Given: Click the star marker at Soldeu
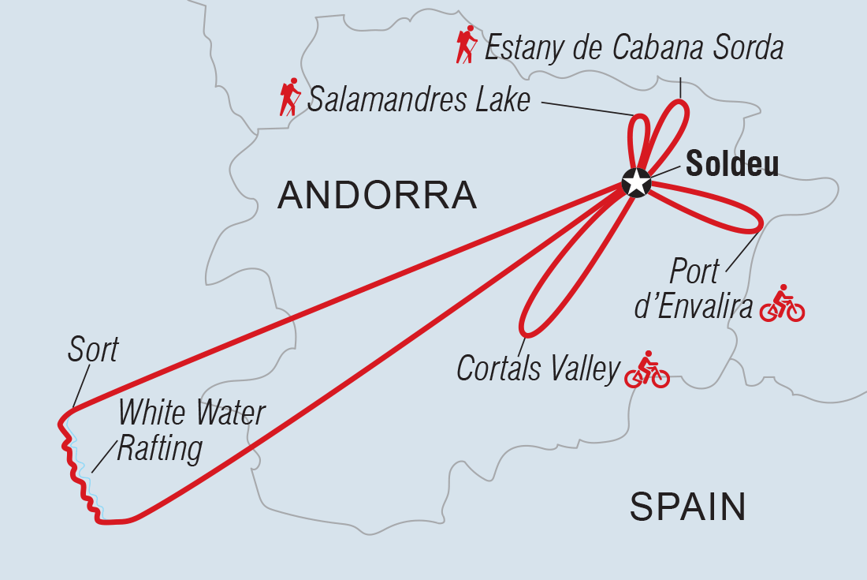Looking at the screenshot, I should pyautogui.click(x=635, y=182).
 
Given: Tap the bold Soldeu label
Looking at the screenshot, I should pyautogui.click(x=732, y=165).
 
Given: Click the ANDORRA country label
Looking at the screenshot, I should pyautogui.click(x=377, y=195).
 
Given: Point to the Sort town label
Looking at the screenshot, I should pyautogui.click(x=92, y=350).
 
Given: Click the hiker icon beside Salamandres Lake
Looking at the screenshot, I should pyautogui.click(x=290, y=97).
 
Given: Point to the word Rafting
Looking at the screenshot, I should pyautogui.click(x=159, y=449).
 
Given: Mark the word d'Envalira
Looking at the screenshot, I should pyautogui.click(x=693, y=307).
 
